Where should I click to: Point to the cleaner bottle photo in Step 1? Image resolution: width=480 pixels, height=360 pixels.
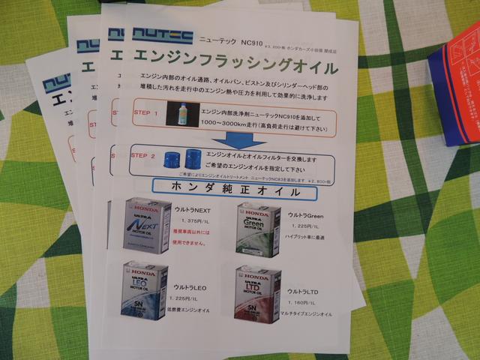click(182, 115)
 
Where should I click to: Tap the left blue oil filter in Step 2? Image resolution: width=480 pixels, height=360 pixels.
click(172, 157)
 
